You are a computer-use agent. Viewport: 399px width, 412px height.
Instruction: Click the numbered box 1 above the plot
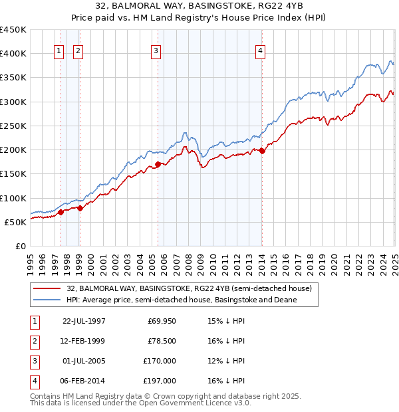coord(59,52)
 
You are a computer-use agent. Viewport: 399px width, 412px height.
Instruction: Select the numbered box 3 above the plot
coord(156,52)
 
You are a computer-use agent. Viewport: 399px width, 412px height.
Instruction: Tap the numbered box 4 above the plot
coord(260,52)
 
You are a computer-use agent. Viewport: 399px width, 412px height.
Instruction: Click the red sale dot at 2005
coord(158,164)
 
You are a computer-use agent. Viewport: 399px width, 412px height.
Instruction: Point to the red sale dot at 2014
coord(262,151)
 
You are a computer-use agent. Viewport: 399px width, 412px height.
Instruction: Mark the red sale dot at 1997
coord(61,213)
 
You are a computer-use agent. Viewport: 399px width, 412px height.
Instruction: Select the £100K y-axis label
coord(13,198)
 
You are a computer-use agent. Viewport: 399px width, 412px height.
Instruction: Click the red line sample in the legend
coord(47,289)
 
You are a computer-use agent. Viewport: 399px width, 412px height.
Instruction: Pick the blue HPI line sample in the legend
coord(47,300)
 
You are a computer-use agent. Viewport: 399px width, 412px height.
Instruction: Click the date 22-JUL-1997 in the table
coord(84,321)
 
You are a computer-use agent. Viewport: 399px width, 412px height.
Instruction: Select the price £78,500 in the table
coord(162,341)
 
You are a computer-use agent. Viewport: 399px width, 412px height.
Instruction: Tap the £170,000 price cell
coord(160,361)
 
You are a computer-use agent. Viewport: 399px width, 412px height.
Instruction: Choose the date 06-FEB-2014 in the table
coord(84,381)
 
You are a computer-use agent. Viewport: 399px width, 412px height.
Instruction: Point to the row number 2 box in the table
coord(33,341)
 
